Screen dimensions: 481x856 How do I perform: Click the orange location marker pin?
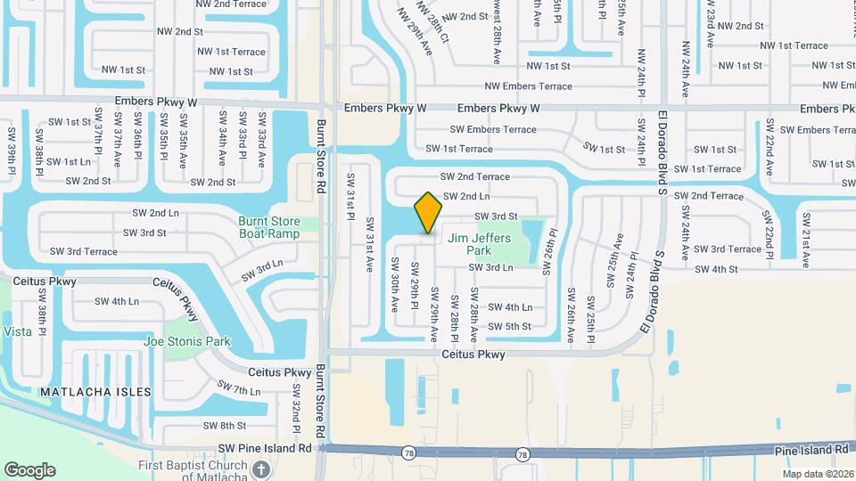pyautogui.click(x=429, y=212)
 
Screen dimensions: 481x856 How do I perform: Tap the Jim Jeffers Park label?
pyautogui.click(x=479, y=244)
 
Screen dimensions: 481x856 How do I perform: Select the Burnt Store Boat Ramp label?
pyautogui.click(x=277, y=228)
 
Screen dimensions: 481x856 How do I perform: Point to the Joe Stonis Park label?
pyautogui.click(x=187, y=341)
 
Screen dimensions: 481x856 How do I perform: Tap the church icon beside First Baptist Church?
pyautogui.click(x=260, y=469)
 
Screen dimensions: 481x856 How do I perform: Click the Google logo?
pyautogui.click(x=29, y=470)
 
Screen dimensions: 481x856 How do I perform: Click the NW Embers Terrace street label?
pyautogui.click(x=528, y=86)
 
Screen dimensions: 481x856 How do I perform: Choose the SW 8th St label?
pyautogui.click(x=224, y=426)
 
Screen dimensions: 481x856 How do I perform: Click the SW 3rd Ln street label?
pyautogui.click(x=261, y=271)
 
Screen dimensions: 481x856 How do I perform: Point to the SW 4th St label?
pyautogui.click(x=716, y=269)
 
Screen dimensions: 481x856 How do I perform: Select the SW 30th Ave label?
pyautogui.click(x=394, y=285)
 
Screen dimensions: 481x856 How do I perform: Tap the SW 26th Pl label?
pyautogui.click(x=553, y=246)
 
